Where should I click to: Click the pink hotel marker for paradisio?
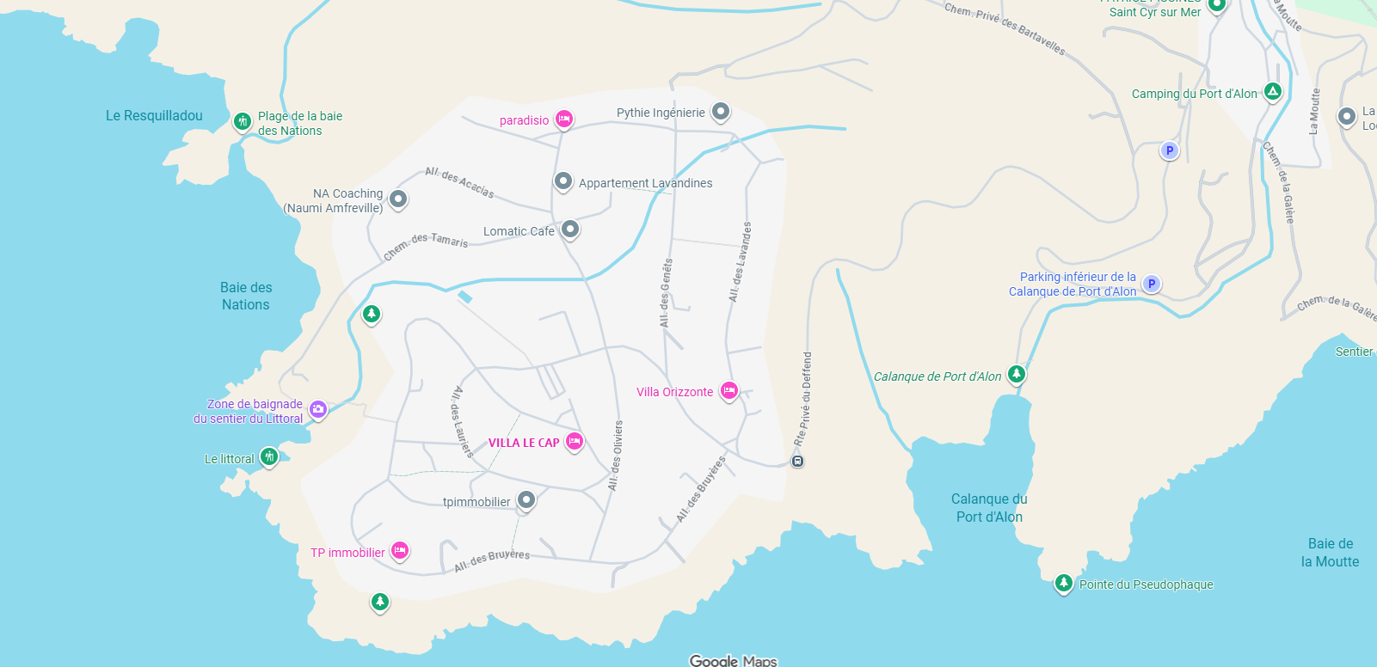click(x=563, y=119)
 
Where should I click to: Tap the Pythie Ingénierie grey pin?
click(x=721, y=112)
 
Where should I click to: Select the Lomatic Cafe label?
click(x=519, y=231)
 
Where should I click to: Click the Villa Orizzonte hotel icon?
click(x=729, y=391)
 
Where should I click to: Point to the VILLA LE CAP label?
click(x=524, y=443)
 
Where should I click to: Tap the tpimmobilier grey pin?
click(x=526, y=499)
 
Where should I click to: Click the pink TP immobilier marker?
click(x=399, y=550)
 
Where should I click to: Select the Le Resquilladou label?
click(x=154, y=115)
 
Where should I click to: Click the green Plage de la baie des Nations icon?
click(x=243, y=121)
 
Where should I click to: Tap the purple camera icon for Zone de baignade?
click(x=318, y=409)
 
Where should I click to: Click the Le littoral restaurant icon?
click(x=269, y=456)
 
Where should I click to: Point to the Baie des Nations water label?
click(x=246, y=296)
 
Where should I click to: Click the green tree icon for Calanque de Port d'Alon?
click(x=1017, y=374)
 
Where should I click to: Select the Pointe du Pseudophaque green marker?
click(x=1064, y=583)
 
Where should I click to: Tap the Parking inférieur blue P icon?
click(x=1152, y=284)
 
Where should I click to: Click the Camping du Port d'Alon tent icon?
click(x=1273, y=91)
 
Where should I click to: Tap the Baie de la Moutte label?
click(x=1330, y=553)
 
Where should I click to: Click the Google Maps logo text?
click(x=733, y=660)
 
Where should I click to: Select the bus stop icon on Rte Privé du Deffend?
click(x=798, y=462)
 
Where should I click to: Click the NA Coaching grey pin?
click(x=397, y=199)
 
